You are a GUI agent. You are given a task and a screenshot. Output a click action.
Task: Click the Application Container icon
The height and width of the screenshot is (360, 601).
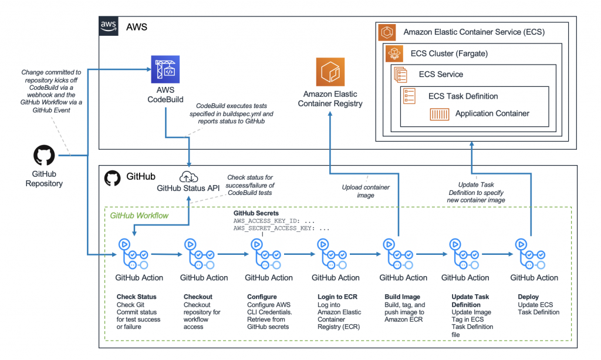coord(440,114)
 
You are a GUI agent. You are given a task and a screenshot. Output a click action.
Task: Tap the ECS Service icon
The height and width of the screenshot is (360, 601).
coord(401,75)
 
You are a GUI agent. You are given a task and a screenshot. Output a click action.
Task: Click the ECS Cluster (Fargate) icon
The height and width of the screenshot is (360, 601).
coord(393,54)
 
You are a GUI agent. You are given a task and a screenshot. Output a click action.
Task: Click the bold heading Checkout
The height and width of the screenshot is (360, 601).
coord(198,297)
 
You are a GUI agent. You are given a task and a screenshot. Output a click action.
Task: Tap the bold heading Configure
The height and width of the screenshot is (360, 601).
coord(262,297)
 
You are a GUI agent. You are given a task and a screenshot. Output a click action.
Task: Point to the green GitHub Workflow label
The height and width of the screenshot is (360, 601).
coord(139,216)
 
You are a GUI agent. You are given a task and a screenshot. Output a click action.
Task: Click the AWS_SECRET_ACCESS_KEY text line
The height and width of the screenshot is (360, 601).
coord(282,227)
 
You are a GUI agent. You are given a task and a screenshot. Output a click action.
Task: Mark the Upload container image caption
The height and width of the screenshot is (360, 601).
coord(366,191)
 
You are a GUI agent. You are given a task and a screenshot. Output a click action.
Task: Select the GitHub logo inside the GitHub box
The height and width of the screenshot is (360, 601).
coord(112,177)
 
